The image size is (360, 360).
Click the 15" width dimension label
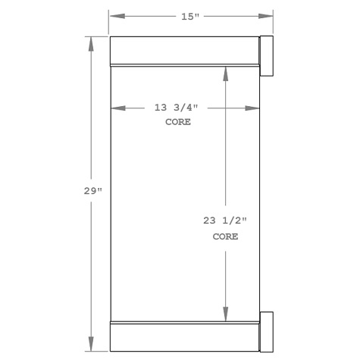(190, 16)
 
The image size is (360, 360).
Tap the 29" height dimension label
(92, 191)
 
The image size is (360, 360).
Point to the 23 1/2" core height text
(225, 221)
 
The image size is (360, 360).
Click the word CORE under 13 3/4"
(178, 121)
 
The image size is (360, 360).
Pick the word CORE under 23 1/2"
(225, 236)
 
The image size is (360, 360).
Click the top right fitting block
(266, 55)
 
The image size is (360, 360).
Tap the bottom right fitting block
(266, 331)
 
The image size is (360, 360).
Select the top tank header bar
(184, 51)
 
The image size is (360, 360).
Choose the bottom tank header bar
(184, 337)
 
